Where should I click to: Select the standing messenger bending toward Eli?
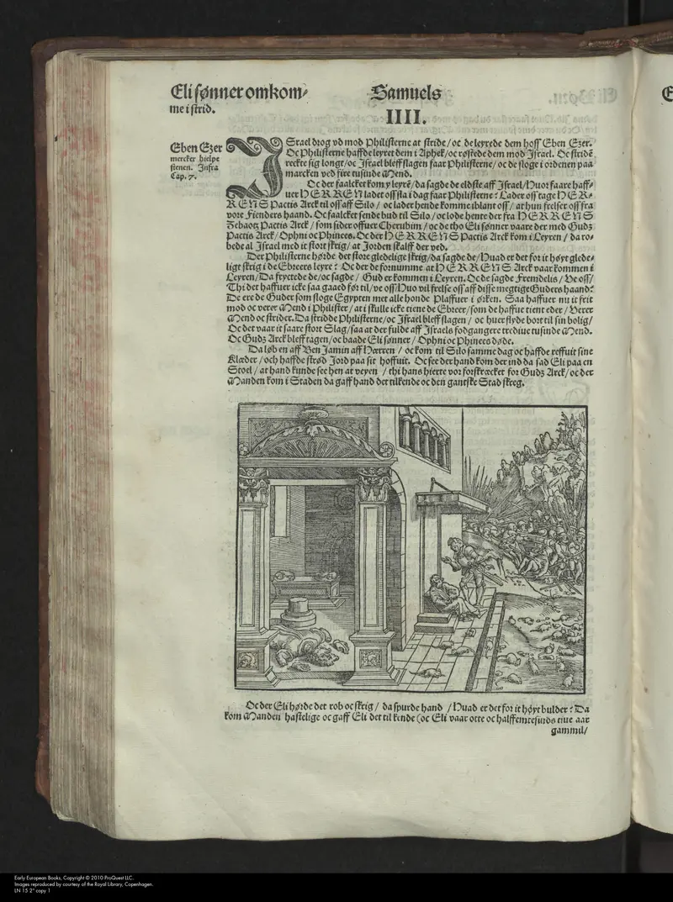pyautogui.click(x=458, y=563)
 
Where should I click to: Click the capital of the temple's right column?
pyautogui.click(x=374, y=485)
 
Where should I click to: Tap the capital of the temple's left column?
pyautogui.click(x=253, y=486)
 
